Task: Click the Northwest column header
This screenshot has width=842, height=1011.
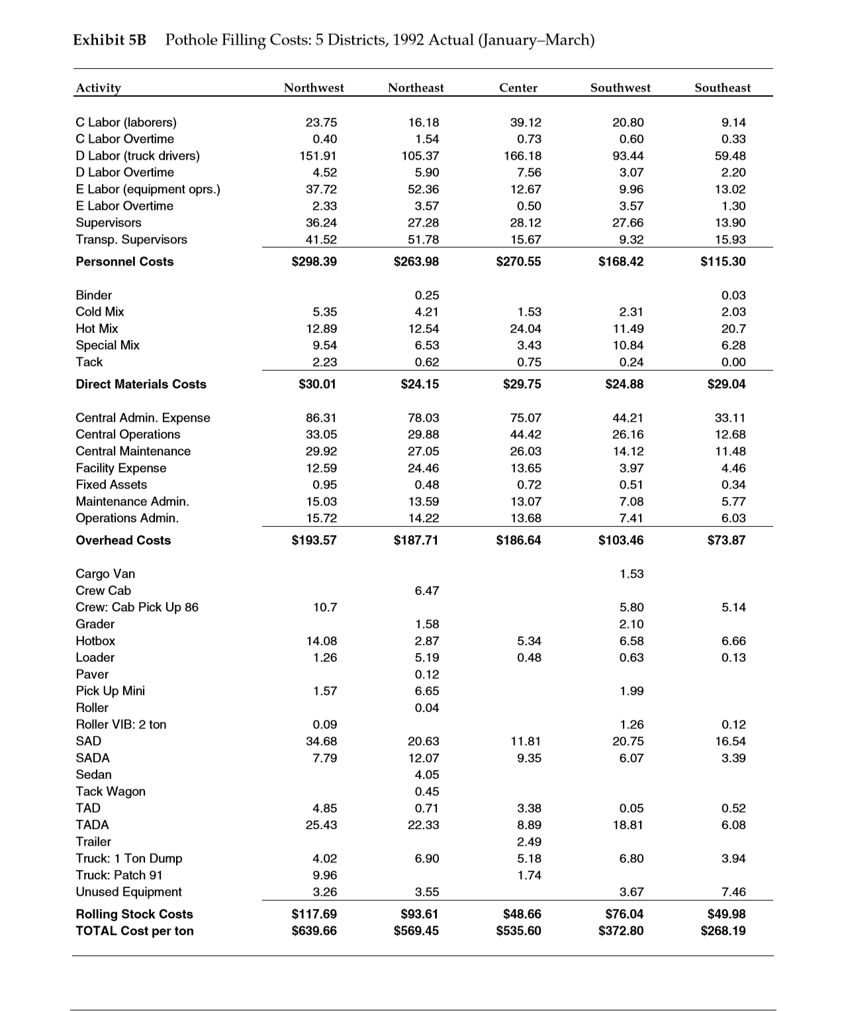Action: click(x=314, y=87)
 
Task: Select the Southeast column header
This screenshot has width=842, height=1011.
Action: click(x=722, y=87)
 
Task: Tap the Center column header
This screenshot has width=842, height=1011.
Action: click(x=518, y=87)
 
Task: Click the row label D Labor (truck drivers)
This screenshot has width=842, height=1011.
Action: click(x=138, y=155)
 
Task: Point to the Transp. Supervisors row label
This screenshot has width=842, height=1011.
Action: click(x=131, y=240)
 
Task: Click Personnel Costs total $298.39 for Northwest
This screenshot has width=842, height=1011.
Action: click(x=314, y=261)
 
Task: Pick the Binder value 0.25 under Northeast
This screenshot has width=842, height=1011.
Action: click(x=426, y=295)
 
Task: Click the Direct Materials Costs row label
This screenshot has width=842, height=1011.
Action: click(x=141, y=384)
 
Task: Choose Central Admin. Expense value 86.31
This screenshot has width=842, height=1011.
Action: click(x=321, y=418)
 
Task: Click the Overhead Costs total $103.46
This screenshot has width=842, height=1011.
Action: click(x=620, y=540)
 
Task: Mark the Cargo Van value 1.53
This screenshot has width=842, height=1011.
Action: click(x=631, y=574)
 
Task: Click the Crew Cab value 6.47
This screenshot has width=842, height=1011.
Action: click(x=426, y=590)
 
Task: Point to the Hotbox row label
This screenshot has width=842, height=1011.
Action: click(x=95, y=640)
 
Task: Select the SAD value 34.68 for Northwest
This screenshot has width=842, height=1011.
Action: click(x=321, y=741)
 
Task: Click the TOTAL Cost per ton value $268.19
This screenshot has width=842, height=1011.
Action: click(x=723, y=931)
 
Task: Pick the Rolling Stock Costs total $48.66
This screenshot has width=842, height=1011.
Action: click(x=518, y=914)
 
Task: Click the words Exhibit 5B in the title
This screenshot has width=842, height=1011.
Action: click(x=109, y=40)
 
